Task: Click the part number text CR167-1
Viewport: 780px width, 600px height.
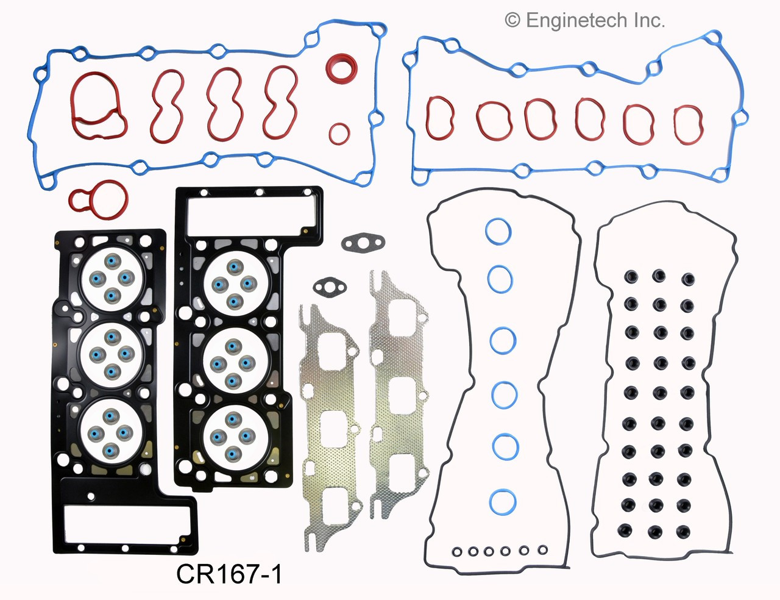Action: pyautogui.click(x=229, y=574)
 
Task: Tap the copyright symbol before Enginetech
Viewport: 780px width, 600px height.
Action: pyautogui.click(x=512, y=21)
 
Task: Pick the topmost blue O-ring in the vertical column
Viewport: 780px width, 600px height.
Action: pyautogui.click(x=498, y=232)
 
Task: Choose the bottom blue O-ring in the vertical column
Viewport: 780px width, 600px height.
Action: pyautogui.click(x=503, y=502)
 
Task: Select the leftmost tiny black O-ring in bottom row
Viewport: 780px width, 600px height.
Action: pyautogui.click(x=457, y=552)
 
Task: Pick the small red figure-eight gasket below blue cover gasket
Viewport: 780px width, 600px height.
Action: pyautogui.click(x=99, y=197)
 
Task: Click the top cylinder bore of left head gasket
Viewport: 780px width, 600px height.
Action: pyautogui.click(x=112, y=279)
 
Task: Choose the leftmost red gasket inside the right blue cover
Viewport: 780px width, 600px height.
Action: pyautogui.click(x=439, y=117)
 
